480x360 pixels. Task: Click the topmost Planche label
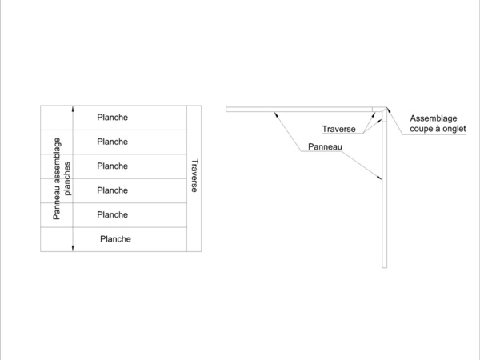[112, 118]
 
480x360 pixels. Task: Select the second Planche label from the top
[112, 142]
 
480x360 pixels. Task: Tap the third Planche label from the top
[112, 166]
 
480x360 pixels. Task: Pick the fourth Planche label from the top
[112, 190]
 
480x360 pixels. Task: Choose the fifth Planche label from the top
[112, 214]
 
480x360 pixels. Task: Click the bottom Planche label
[115, 238]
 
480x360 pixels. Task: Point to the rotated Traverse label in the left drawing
[194, 177]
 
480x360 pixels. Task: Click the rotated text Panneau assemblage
[57, 178]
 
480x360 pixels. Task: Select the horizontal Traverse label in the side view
[339, 129]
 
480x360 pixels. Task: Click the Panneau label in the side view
[325, 147]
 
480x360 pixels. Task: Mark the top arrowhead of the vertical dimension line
[73, 109]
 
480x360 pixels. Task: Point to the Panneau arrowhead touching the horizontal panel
[276, 114]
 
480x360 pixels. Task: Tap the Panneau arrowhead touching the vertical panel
[381, 179]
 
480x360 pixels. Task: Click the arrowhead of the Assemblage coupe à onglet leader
[390, 110]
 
